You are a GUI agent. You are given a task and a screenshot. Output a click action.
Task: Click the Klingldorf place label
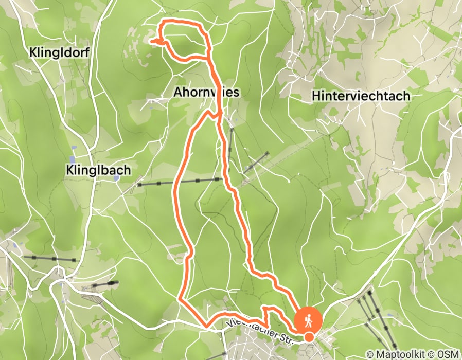tap(60, 52)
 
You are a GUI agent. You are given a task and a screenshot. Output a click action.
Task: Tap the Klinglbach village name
tap(98, 170)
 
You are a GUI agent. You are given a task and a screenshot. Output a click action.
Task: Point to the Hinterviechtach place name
tap(361, 96)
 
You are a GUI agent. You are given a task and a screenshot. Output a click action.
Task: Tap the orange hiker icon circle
tap(308, 320)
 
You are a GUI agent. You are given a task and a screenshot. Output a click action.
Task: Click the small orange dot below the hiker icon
tap(309, 337)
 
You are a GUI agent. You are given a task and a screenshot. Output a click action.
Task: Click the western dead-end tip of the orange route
tap(152, 40)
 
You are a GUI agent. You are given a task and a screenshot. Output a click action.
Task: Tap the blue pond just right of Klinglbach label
tap(117, 178)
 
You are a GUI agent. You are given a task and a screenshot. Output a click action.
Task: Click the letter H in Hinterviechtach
tap(316, 96)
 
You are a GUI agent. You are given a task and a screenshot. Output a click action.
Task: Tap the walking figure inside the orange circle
tap(308, 320)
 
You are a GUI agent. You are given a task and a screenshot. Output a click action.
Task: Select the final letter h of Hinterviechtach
tap(406, 96)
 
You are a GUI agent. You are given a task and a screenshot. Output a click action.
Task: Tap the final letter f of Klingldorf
tap(87, 52)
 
